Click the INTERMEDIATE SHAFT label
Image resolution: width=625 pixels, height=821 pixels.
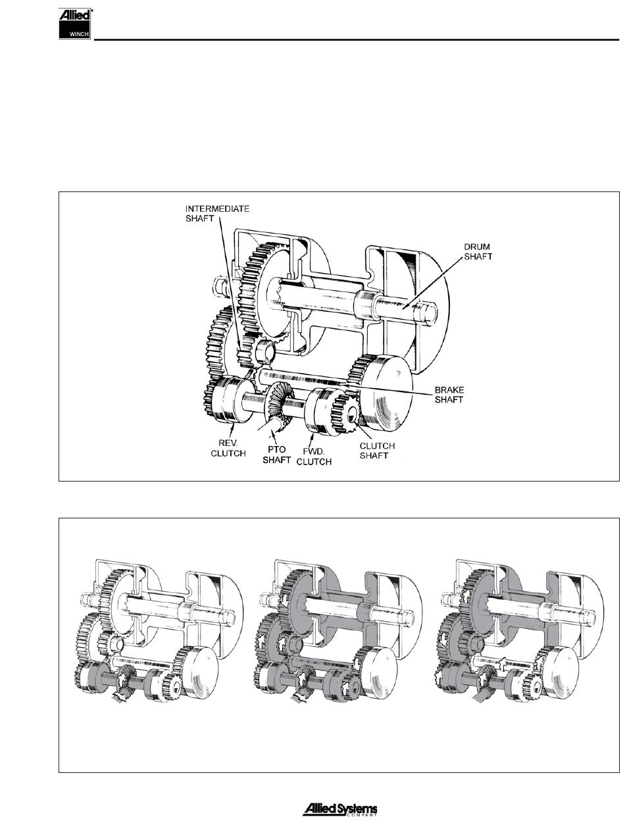pyautogui.click(x=217, y=214)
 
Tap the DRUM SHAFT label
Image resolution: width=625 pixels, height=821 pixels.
pyautogui.click(x=478, y=252)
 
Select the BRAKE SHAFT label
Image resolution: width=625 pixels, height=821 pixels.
pyautogui.click(x=449, y=395)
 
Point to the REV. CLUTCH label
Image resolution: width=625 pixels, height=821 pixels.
pyautogui.click(x=228, y=448)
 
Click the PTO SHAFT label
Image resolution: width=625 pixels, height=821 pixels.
pyautogui.click(x=276, y=455)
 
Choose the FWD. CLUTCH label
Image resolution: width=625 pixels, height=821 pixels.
pyautogui.click(x=314, y=457)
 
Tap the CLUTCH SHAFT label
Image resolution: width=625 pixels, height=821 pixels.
pyautogui.click(x=377, y=451)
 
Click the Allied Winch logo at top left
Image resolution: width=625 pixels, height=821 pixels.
pyautogui.click(x=75, y=24)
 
